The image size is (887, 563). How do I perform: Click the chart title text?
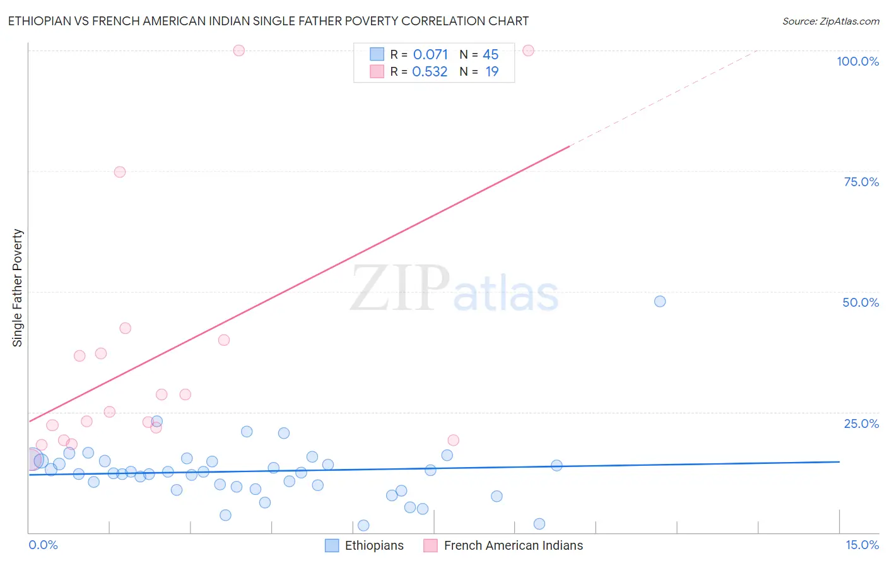pos(268,21)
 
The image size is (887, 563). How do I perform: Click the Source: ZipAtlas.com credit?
pos(830,21)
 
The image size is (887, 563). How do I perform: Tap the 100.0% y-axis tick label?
pos(857,61)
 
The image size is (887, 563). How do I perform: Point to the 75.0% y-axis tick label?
pos(861,182)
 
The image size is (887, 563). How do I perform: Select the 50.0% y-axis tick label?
pos(861,302)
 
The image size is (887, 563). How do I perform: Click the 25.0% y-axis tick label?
pos(861,424)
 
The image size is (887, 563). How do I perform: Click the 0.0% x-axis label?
pos(43,545)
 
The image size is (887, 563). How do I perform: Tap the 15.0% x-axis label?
pos(862,545)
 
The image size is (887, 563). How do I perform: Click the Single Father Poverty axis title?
pos(18,288)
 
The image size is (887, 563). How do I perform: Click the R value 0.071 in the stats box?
pos(430,55)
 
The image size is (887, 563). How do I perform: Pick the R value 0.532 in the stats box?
pos(430,72)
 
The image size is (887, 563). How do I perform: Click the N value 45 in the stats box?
pos(490,55)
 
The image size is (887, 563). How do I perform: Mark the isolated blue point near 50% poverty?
pos(660,301)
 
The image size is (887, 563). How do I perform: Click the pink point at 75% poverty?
pos(120,172)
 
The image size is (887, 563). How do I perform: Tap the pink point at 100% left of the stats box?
pos(238,50)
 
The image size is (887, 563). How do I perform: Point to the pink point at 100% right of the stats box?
pos(529,50)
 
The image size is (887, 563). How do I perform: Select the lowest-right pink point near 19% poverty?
pos(453,440)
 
